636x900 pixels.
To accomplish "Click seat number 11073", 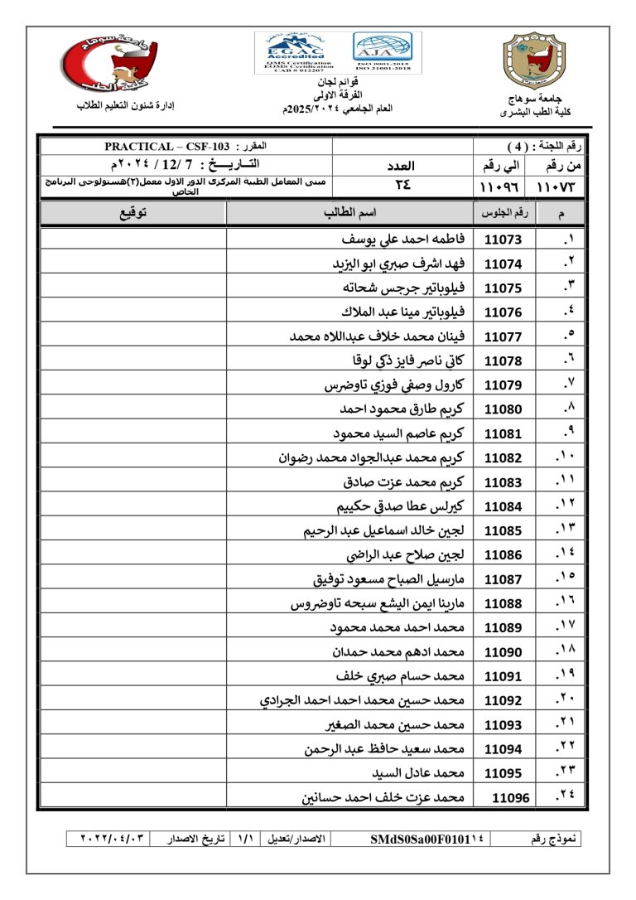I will [503, 240].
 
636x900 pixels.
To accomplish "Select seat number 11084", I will [503, 506].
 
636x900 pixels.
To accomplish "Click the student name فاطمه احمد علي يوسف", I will [403, 240].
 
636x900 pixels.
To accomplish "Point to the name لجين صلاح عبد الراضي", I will [405, 555].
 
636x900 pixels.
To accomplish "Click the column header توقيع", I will [132, 213].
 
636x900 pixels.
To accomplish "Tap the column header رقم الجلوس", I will [504, 214].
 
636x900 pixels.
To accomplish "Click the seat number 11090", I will [503, 652].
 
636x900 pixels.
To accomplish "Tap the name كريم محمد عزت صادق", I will [404, 482].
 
